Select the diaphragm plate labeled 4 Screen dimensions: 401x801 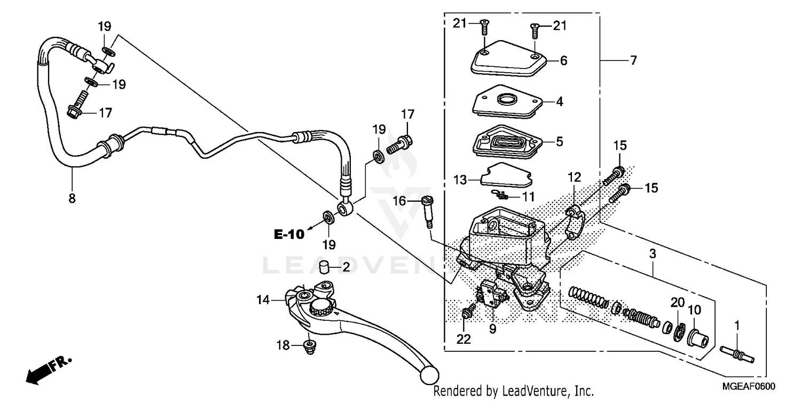coord(507,102)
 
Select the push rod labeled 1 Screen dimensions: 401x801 coord(737,354)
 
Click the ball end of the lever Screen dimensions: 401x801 coord(429,375)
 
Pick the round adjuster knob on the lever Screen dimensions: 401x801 coord(320,307)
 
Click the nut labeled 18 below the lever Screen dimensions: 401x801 coord(308,347)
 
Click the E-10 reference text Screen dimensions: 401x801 coord(289,234)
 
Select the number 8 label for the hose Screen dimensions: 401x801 coord(72,198)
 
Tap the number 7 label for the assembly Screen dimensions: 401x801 coord(633,61)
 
